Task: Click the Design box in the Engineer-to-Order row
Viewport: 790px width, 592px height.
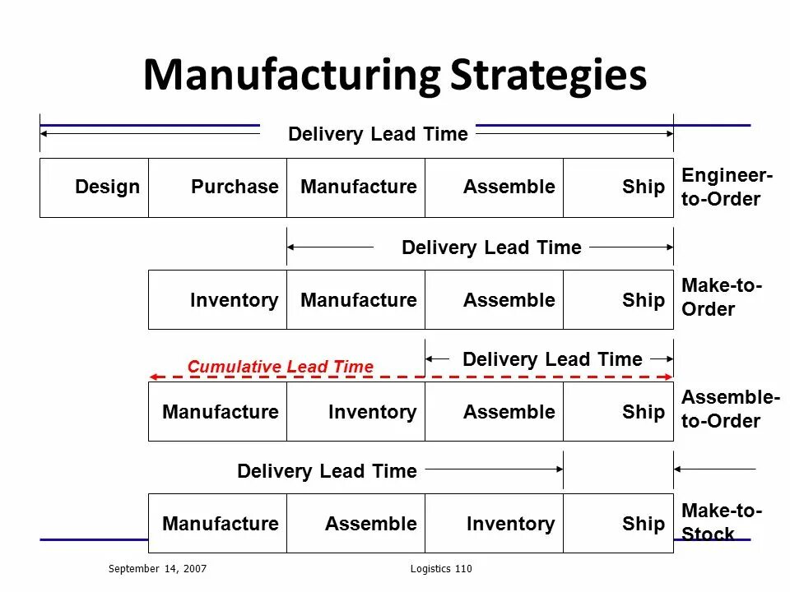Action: tap(95, 187)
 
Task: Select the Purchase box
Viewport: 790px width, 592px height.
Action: tap(218, 187)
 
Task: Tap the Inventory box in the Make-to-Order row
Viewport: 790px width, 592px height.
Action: tap(218, 300)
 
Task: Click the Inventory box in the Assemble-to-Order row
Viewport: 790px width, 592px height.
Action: tap(356, 412)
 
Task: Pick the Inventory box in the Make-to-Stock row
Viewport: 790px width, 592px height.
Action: tap(495, 524)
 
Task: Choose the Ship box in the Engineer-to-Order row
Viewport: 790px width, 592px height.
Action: tap(618, 187)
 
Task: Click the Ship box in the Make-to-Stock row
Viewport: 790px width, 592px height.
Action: tap(618, 524)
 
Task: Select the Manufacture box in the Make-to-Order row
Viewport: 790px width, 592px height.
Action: tap(356, 300)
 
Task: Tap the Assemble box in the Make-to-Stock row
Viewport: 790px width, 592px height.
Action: tap(356, 524)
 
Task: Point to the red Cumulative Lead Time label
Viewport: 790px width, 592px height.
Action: tap(280, 367)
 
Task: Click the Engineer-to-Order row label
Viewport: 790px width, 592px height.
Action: tap(727, 187)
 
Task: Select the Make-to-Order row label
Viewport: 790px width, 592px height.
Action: tap(722, 298)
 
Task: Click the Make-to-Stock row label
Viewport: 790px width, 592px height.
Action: tap(722, 522)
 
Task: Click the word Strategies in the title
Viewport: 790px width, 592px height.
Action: tap(548, 76)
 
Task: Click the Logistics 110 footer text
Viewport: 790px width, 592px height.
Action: tap(440, 569)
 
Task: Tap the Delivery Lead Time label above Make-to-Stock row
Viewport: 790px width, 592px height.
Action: tap(327, 471)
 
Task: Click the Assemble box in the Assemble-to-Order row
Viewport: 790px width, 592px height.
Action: tap(495, 412)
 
